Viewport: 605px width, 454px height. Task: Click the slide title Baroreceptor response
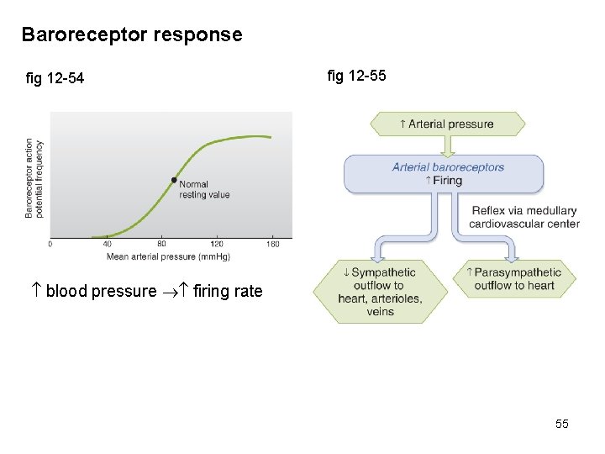[x=131, y=35]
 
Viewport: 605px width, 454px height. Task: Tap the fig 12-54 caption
[x=55, y=79]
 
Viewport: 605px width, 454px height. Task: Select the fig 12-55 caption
[x=356, y=76]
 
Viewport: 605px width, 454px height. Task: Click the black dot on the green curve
[x=174, y=180]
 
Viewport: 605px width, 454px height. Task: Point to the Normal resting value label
[x=204, y=189]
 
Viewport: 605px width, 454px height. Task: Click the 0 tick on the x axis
[x=50, y=245]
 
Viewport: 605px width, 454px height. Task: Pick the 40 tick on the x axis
[x=107, y=245]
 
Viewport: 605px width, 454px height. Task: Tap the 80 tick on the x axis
[x=161, y=245]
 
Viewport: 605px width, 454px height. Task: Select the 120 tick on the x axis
[x=217, y=245]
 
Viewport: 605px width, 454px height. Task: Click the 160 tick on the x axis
[x=272, y=245]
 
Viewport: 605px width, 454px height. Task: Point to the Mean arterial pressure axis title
[x=168, y=256]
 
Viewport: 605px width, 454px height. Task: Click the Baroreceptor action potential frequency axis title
[x=34, y=178]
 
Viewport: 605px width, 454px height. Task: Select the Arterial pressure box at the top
[x=447, y=124]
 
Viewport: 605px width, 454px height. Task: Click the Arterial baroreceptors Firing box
[x=444, y=174]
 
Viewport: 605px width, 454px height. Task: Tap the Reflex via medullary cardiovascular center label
[x=524, y=217]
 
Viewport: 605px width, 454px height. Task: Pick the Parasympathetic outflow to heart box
[x=514, y=279]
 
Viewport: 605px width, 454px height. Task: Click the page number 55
[x=561, y=424]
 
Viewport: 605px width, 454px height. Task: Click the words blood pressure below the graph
[x=101, y=292]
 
